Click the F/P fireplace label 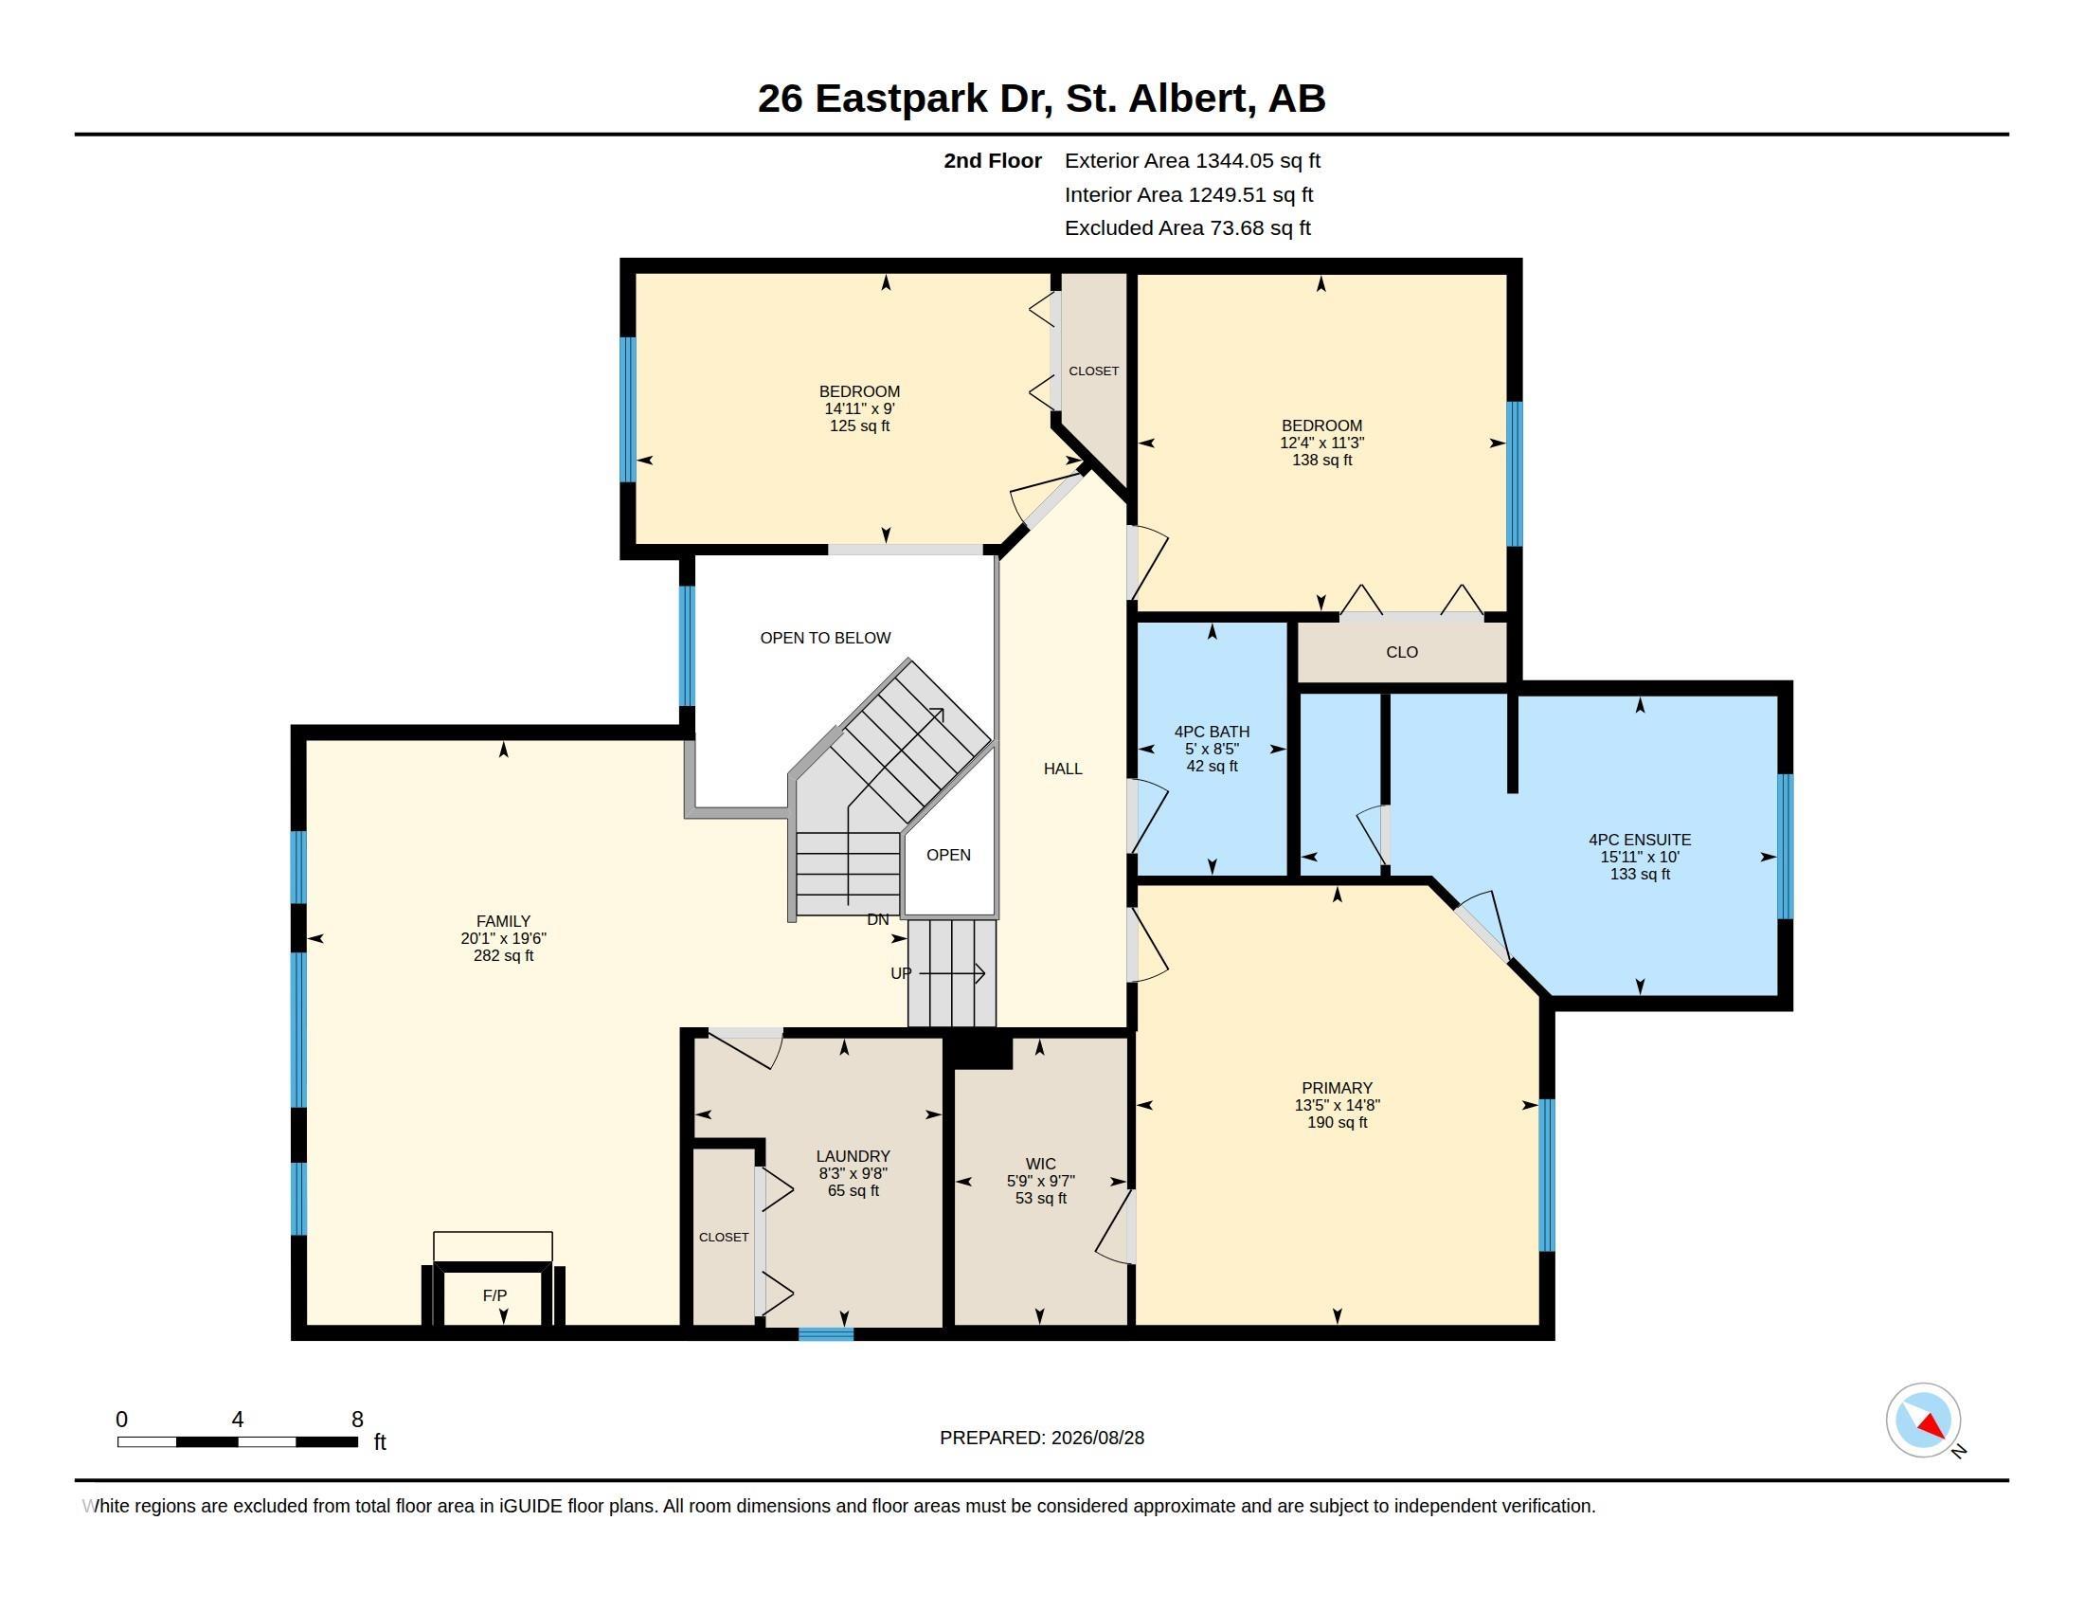494,1295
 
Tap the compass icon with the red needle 1923,1421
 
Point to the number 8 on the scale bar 358,1420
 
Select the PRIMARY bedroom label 1337,1088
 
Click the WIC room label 1040,1164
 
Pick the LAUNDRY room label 853,1156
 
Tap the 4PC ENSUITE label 1640,840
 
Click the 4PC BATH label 1212,732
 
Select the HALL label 1063,769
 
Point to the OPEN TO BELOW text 825,638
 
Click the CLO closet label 1402,652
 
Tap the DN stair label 878,920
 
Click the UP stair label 901,973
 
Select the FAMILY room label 503,921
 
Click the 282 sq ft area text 503,955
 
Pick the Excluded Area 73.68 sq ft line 1187,228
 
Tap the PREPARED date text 1042,1438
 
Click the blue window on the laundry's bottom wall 825,1334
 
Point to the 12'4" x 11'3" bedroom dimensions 1321,443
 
